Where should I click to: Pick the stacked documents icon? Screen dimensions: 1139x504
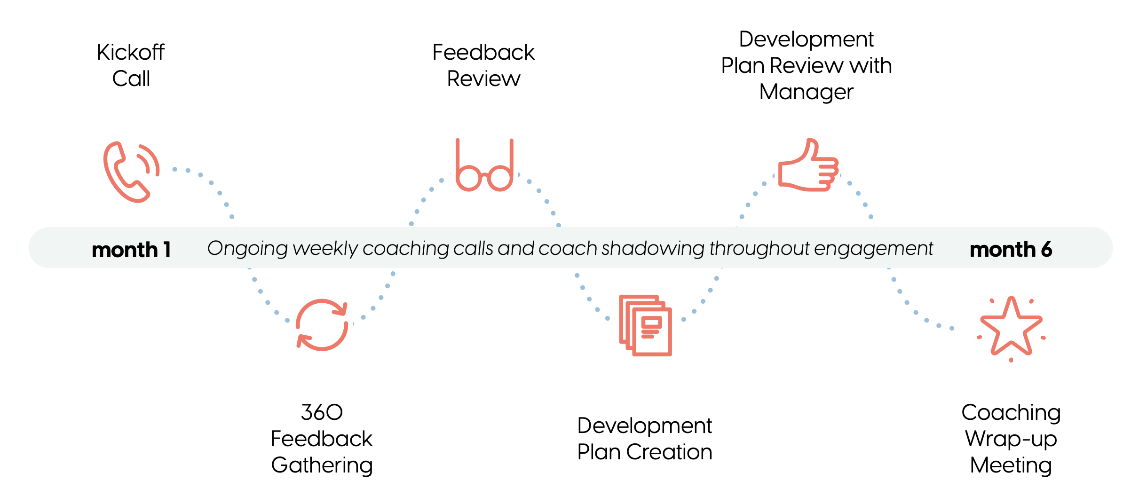coord(645,325)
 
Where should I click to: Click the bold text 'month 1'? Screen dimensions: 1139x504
coord(131,250)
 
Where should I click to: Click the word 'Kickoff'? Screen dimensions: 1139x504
coord(131,52)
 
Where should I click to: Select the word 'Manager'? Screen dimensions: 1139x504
coord(806,92)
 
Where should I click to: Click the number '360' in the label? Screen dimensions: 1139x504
coord(322,412)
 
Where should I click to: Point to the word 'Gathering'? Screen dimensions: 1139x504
coord(322,465)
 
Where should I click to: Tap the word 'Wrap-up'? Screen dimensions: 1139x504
coord(1011,440)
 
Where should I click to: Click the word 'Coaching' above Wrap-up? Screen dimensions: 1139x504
coord(1011,413)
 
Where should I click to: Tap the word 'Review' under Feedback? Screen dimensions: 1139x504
coord(483,79)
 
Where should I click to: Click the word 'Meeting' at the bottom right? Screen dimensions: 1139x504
coord(1011,465)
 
